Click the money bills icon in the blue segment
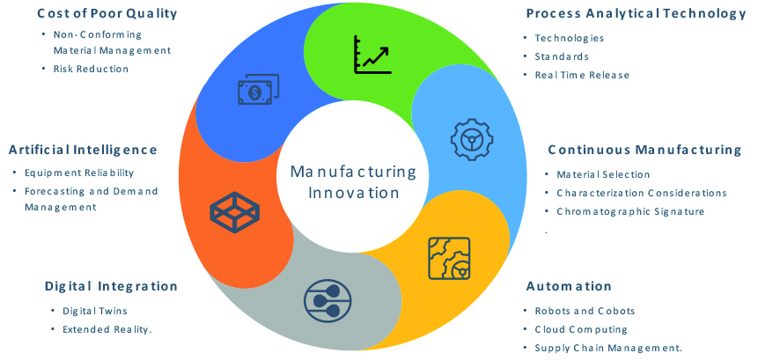[x=257, y=90]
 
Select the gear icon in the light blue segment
[x=472, y=137]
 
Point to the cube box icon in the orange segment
[x=233, y=211]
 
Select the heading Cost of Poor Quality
[x=107, y=13]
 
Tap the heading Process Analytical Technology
[x=636, y=13]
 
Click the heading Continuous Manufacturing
[x=644, y=150]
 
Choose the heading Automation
[x=569, y=286]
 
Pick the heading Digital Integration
[x=111, y=286]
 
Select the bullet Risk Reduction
[x=91, y=69]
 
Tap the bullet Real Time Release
[x=582, y=75]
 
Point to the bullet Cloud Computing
[x=581, y=329]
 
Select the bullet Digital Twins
[x=95, y=311]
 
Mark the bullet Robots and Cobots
[x=585, y=311]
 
